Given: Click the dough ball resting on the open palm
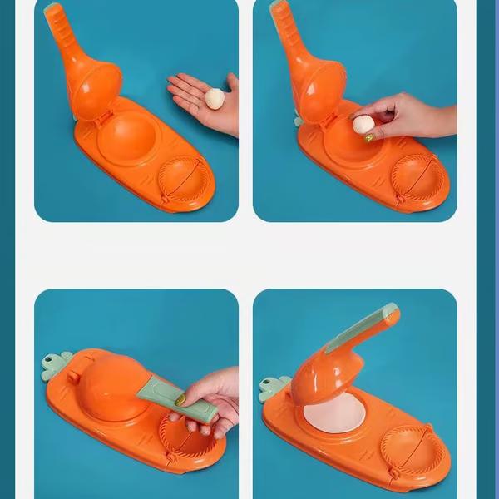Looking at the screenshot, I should pos(215,98).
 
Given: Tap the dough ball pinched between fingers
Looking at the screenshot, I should pos(363,125).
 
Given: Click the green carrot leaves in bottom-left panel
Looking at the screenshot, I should pos(56,366).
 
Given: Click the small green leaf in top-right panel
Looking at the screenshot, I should pos(298,121).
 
